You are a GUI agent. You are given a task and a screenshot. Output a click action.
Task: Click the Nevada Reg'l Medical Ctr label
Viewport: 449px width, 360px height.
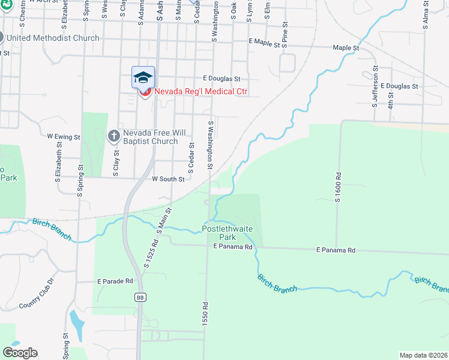[201, 92]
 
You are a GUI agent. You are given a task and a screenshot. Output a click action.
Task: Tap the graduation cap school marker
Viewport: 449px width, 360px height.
[143, 77]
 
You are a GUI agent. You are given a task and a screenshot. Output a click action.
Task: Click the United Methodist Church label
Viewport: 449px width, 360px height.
[53, 38]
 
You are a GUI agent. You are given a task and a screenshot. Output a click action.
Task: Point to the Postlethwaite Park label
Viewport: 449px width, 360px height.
[228, 230]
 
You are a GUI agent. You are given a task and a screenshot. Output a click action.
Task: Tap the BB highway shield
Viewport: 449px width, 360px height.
[140, 297]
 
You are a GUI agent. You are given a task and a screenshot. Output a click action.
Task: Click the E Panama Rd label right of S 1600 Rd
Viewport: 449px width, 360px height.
[336, 250]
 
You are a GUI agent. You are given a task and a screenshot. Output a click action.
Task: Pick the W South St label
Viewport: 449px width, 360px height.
[167, 179]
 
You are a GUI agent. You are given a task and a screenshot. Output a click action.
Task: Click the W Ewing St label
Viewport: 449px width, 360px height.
[64, 137]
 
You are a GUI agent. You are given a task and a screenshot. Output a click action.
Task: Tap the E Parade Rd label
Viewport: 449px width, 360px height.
[115, 281]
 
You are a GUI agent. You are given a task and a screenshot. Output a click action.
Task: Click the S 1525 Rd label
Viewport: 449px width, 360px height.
[150, 254]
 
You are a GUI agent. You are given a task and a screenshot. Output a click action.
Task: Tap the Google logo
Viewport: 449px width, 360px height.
[20, 353]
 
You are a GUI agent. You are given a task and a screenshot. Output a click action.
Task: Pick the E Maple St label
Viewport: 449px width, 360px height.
[264, 43]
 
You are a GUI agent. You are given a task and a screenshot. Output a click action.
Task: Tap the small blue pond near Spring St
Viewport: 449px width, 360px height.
[77, 325]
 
